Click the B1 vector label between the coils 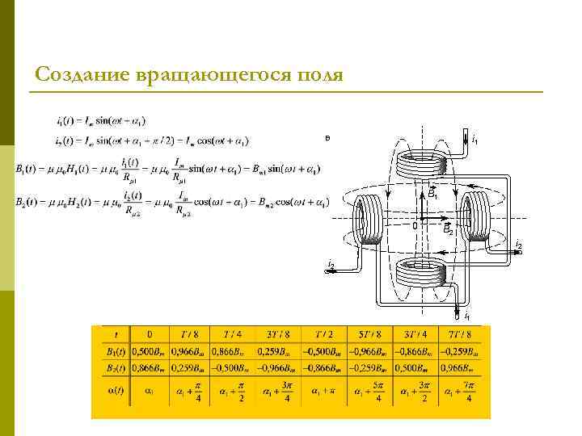[433, 194]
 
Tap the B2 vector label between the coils [448, 230]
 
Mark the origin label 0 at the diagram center [415, 226]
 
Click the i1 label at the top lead [474, 140]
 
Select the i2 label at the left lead [331, 266]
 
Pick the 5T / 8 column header [369, 334]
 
